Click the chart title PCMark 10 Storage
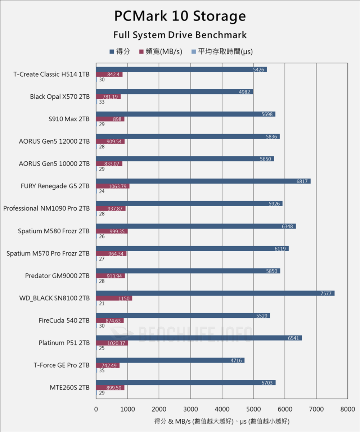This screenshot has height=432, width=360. tap(180, 16)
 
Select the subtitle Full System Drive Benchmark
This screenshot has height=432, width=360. tap(180, 35)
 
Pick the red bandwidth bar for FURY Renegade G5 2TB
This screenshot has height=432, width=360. tap(113, 186)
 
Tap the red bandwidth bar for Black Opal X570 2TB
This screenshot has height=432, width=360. tap(108, 97)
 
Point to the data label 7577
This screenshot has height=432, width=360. tap(327, 293)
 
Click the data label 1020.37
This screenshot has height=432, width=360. tap(116, 343)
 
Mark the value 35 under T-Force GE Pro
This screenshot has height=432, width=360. tap(102, 370)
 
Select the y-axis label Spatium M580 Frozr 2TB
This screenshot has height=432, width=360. tap(54, 231)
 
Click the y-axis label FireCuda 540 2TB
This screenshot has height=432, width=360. tap(64, 320)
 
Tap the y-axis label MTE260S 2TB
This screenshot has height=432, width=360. tap(69, 388)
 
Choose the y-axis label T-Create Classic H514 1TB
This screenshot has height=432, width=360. tap(51, 75)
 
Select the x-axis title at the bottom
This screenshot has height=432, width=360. tap(222, 421)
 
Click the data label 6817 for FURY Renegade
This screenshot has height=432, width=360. tap(302, 181)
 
